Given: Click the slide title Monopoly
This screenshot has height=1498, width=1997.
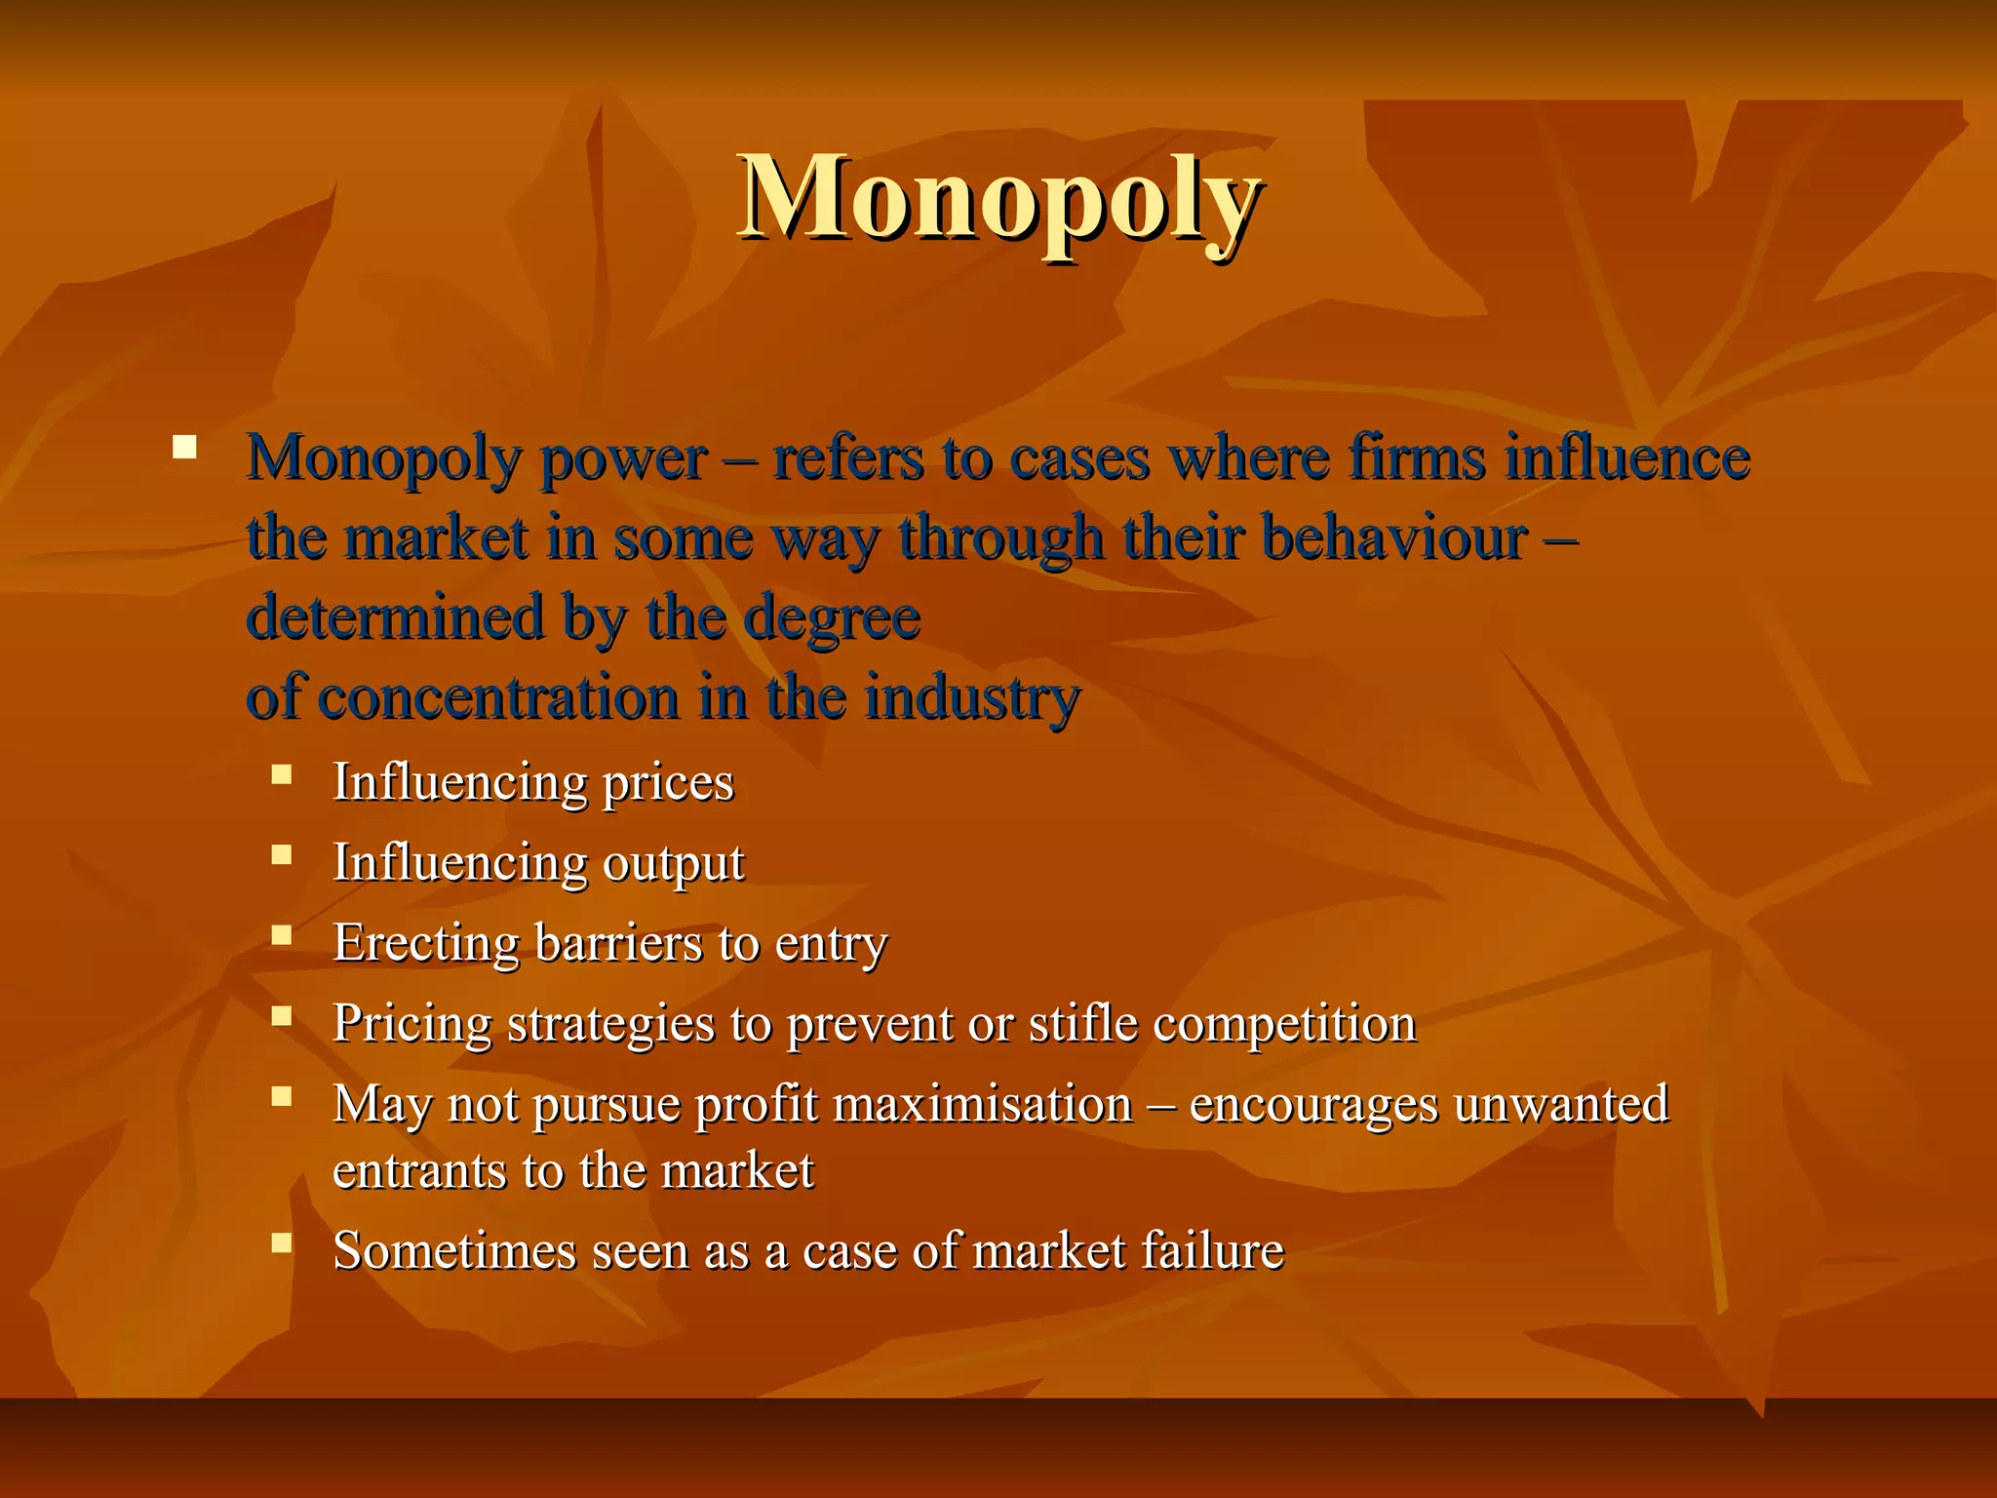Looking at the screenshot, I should pyautogui.click(x=998, y=200).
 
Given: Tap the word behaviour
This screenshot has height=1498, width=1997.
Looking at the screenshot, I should pyautogui.click(x=1393, y=537).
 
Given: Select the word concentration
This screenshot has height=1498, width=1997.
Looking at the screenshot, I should pyautogui.click(x=498, y=697).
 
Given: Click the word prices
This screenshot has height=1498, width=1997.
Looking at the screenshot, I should pyautogui.click(x=667, y=783).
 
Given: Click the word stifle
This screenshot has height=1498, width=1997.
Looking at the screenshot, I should pyautogui.click(x=1082, y=1024).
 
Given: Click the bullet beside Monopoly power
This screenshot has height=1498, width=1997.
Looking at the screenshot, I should pyautogui.click(x=184, y=449).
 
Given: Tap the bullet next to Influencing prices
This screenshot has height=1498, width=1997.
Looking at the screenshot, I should pyautogui.click(x=282, y=775).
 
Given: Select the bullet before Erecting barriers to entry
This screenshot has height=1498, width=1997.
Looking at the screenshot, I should pyautogui.click(x=282, y=936).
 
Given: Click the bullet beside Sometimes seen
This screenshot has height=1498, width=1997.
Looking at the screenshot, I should pyautogui.click(x=282, y=1242).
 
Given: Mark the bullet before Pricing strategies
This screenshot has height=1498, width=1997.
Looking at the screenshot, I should pyautogui.click(x=282, y=1016).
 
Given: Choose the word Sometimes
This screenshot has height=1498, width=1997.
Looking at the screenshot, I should pyautogui.click(x=454, y=1251).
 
